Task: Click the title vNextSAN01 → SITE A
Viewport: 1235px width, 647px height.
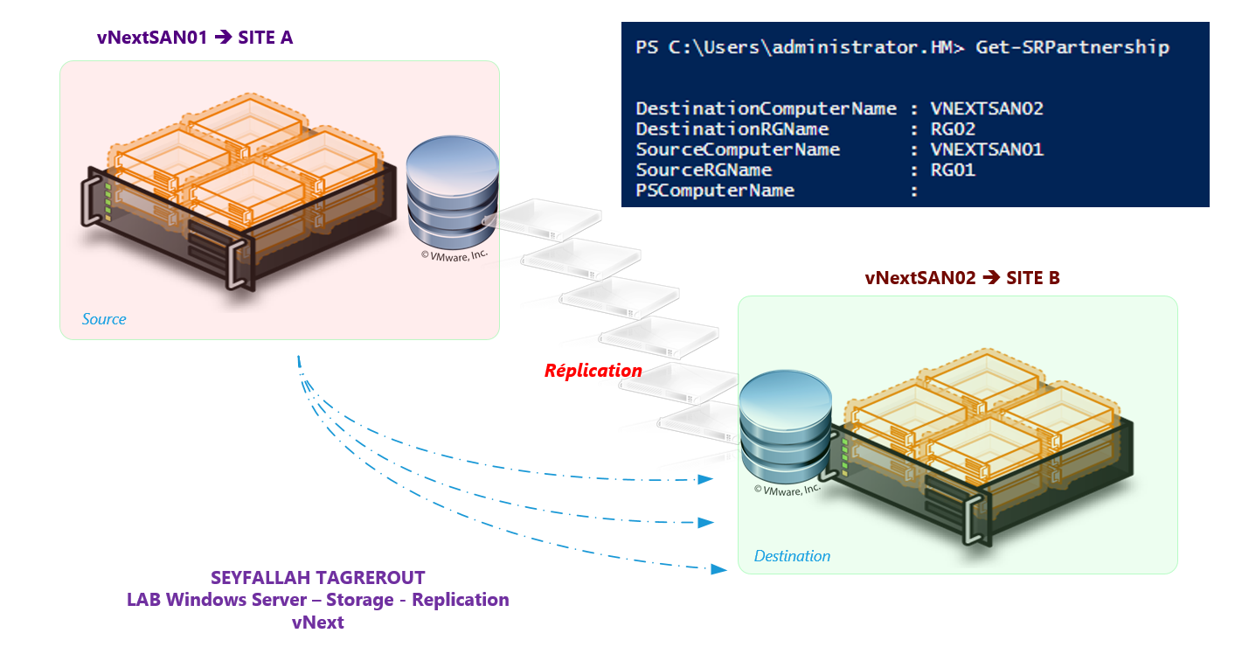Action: tap(194, 38)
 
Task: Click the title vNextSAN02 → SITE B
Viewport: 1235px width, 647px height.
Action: tap(962, 278)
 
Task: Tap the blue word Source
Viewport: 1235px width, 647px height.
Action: tap(104, 319)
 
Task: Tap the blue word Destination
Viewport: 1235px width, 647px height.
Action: tap(792, 556)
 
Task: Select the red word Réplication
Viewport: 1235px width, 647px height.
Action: tap(593, 370)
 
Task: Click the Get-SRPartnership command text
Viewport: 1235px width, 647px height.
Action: tap(1072, 47)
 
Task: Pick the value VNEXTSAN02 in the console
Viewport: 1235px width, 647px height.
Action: tap(987, 109)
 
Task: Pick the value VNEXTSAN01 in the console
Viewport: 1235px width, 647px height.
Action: tap(987, 150)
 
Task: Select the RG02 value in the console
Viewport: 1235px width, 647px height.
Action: tap(953, 129)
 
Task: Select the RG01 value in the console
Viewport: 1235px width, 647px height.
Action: tap(953, 170)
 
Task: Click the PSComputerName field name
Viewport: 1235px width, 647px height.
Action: tap(715, 191)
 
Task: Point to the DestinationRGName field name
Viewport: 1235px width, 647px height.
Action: tap(732, 129)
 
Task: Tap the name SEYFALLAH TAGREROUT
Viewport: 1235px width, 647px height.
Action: tap(318, 578)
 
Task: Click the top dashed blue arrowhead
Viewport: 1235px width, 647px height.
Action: tap(705, 479)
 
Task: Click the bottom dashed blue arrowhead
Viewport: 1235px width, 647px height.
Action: tap(718, 569)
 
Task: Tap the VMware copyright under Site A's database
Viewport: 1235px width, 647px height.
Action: tap(454, 255)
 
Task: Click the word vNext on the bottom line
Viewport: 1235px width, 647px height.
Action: tap(318, 623)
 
